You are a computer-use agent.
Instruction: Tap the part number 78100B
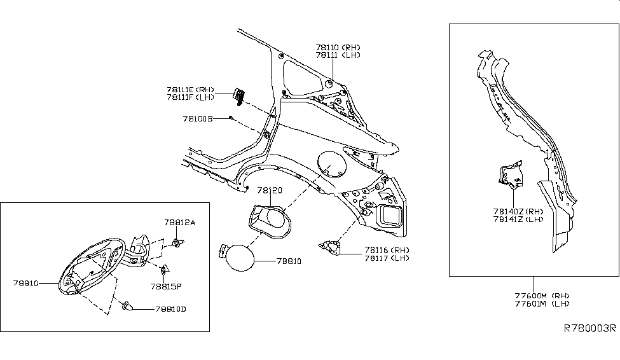(197, 119)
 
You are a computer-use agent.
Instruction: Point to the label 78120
(270, 191)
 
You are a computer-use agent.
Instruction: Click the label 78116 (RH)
(378, 249)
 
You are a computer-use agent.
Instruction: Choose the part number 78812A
(180, 223)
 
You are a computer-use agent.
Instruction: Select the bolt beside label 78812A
(177, 242)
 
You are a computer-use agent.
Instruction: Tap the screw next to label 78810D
(128, 308)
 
